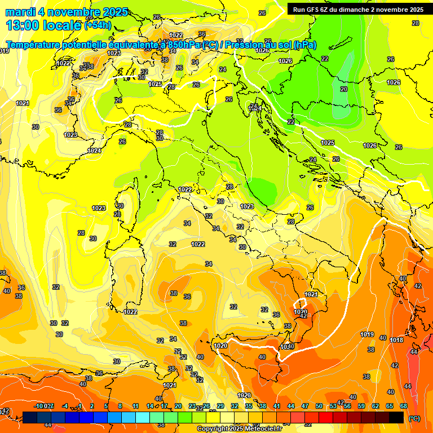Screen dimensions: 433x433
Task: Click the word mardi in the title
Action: [x=20, y=12]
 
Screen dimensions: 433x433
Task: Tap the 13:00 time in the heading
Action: [x=22, y=25]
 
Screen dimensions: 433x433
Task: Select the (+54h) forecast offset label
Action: [x=97, y=25]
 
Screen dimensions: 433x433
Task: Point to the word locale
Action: [x=63, y=25]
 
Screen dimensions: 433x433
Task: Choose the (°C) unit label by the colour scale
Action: [x=414, y=418]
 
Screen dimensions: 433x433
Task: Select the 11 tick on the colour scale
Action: [x=135, y=406]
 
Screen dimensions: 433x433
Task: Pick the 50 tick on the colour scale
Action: [x=319, y=406]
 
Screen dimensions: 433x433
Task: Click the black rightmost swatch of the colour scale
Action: [x=397, y=417]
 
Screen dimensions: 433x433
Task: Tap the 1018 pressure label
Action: [x=396, y=340]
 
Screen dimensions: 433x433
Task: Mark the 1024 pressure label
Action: [x=95, y=151]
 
